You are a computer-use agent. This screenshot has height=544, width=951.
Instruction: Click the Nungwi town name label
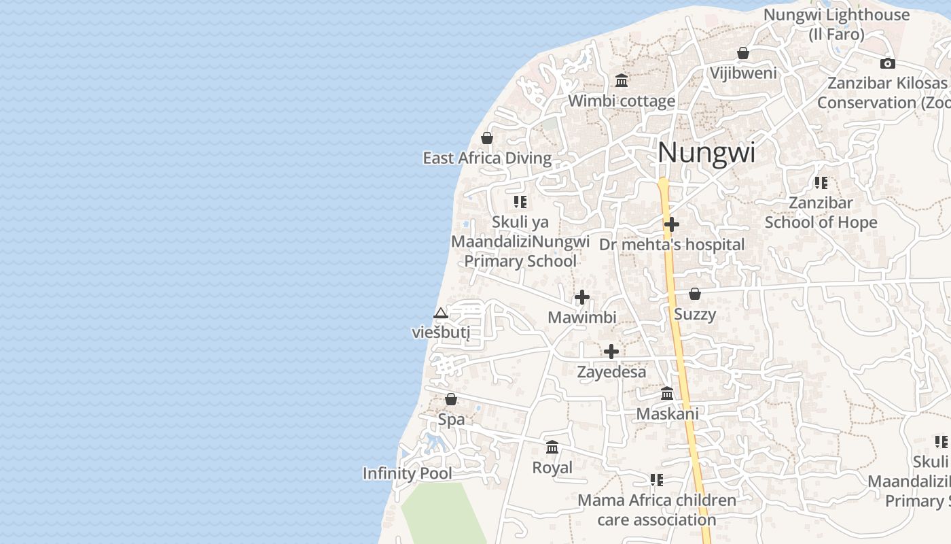706,152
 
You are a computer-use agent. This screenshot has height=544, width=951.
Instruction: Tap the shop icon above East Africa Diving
486,138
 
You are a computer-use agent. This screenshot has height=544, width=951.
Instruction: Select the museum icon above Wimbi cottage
621,81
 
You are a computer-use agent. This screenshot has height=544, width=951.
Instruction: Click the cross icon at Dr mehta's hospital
671,224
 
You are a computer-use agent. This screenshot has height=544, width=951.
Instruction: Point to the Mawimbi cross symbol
581,297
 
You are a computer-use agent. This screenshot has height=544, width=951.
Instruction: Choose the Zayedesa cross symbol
611,352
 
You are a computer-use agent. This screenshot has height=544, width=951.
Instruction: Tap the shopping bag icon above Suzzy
694,294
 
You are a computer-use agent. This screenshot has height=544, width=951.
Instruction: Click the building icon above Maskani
666,393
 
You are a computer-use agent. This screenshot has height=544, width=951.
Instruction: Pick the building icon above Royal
552,447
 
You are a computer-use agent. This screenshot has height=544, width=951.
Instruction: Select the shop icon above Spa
450,399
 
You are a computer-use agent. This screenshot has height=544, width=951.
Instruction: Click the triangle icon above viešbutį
440,313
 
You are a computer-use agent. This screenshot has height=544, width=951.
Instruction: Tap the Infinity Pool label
407,473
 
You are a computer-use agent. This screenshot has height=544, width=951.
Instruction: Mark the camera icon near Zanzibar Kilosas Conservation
887,63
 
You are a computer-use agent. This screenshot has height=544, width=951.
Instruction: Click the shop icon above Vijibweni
742,53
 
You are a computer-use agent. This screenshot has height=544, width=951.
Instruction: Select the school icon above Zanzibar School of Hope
821,183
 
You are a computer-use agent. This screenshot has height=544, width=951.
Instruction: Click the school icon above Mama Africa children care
656,480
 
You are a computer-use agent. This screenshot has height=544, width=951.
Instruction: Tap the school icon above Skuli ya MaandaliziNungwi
520,202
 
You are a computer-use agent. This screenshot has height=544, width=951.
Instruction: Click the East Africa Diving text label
487,158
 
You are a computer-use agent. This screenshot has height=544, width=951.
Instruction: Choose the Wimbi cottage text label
622,101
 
